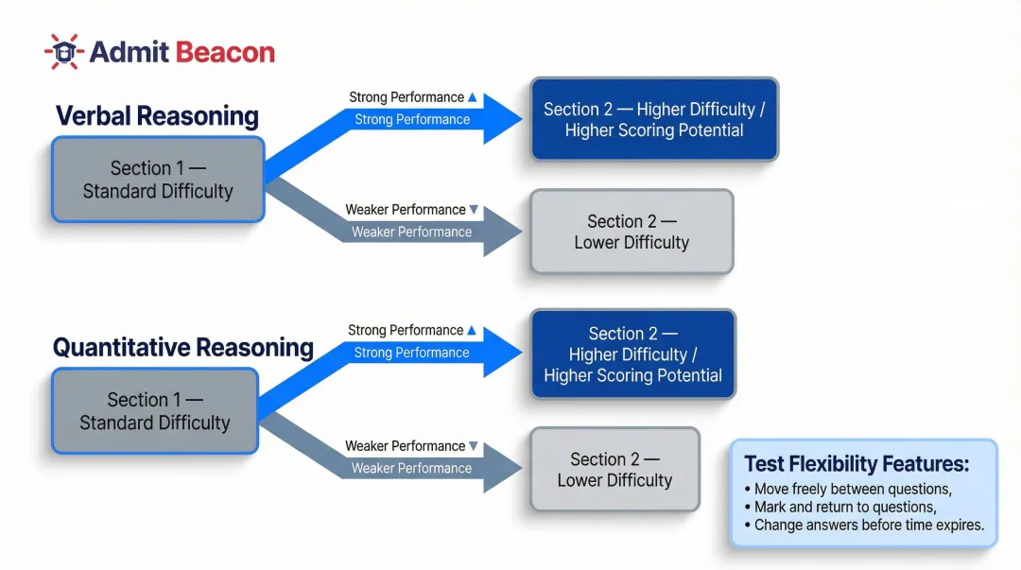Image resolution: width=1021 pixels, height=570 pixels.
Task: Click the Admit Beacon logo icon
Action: click(64, 51)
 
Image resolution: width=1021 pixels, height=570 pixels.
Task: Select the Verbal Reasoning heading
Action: click(157, 116)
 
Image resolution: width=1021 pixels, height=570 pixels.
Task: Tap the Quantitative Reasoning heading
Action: click(182, 347)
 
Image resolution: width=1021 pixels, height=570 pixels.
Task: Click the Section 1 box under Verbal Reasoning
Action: click(157, 180)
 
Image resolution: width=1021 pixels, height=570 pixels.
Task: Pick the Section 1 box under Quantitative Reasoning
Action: click(154, 411)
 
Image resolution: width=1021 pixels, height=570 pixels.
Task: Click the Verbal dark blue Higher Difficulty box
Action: click(653, 119)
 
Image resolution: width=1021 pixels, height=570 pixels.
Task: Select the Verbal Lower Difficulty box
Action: click(631, 232)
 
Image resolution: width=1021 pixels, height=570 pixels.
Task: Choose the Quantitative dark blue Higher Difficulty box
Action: click(632, 354)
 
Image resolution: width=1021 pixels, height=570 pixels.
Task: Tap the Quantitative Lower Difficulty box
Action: click(614, 470)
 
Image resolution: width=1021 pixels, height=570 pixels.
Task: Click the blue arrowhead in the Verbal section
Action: click(502, 119)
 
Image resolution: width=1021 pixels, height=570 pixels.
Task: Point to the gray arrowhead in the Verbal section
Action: click(502, 232)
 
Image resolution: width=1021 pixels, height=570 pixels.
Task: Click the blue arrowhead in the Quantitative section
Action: click(502, 353)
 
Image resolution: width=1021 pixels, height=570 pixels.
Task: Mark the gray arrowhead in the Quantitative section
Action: click(502, 468)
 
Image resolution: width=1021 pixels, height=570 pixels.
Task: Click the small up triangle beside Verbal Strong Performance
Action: click(473, 97)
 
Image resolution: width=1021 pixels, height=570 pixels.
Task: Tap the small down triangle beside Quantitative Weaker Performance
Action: click(474, 446)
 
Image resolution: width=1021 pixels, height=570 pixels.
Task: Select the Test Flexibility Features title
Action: click(857, 464)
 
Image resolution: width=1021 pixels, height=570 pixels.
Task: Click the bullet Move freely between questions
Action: click(847, 490)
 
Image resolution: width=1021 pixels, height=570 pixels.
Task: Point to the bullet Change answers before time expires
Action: click(863, 526)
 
